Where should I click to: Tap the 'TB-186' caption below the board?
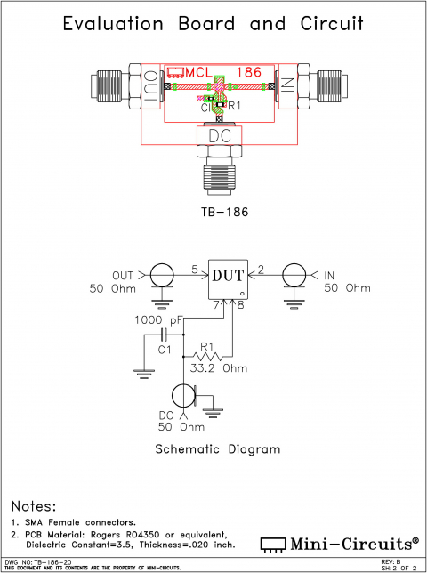pyautogui.click(x=218, y=214)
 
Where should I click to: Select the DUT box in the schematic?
pyautogui.click(x=228, y=278)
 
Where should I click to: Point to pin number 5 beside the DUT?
pyautogui.click(x=195, y=269)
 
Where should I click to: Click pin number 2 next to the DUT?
pyautogui.click(x=261, y=269)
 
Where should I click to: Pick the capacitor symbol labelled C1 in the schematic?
pyautogui.click(x=164, y=335)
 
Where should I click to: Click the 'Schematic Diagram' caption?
pyautogui.click(x=218, y=449)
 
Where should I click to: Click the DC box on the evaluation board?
pyautogui.click(x=218, y=135)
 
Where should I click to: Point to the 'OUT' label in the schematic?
pyautogui.click(x=123, y=274)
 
